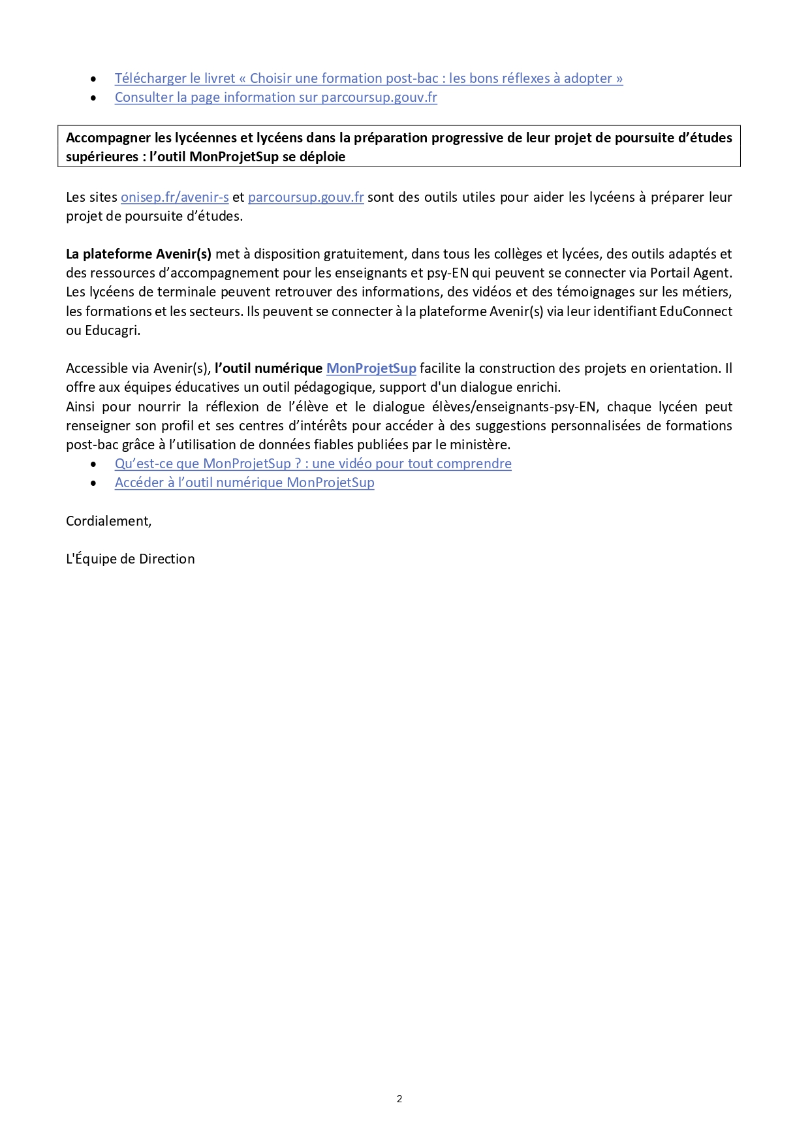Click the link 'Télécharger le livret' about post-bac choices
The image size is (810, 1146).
(368, 78)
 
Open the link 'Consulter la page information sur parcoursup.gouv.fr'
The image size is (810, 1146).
(275, 97)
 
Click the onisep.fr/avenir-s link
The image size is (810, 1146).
(174, 197)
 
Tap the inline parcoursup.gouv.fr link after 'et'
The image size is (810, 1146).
(305, 197)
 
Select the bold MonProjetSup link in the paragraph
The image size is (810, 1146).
(371, 368)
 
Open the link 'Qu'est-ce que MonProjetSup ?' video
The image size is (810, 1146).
(313, 464)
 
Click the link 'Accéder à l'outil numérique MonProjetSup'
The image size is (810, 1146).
(244, 483)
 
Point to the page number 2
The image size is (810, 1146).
(399, 1099)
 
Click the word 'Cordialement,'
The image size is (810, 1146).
(108, 521)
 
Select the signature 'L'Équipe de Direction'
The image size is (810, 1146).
(130, 559)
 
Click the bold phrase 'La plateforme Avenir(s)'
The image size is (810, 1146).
(138, 254)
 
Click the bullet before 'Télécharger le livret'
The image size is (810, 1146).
(94, 79)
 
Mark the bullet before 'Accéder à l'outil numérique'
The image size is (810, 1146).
(94, 483)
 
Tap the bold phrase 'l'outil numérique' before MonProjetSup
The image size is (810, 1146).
(268, 368)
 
